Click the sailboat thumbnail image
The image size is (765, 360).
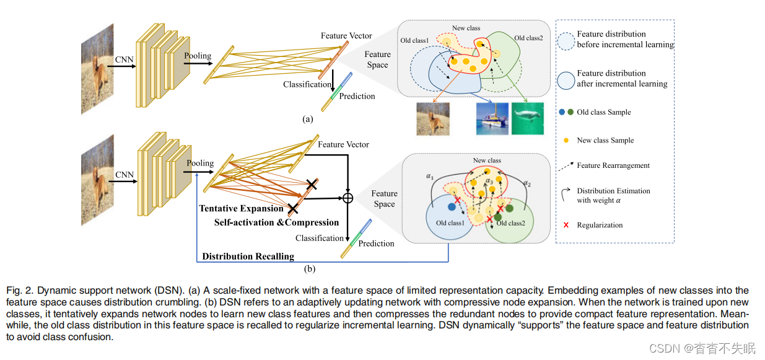(492, 118)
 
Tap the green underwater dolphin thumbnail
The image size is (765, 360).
(527, 118)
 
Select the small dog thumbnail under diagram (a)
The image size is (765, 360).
(433, 118)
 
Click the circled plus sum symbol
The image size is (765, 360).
(348, 198)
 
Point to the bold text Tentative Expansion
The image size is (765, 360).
(241, 209)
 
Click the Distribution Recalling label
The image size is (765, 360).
(248, 257)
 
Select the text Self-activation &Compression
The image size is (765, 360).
(277, 222)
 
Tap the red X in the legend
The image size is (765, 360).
(566, 225)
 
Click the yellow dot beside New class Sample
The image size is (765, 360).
(566, 140)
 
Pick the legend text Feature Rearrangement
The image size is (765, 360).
(613, 165)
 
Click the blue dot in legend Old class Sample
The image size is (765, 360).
(561, 112)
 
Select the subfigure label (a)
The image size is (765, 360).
(308, 118)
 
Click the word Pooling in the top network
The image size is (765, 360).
(198, 56)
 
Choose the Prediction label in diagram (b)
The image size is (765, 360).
(376, 244)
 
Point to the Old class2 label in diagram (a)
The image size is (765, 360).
(528, 38)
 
